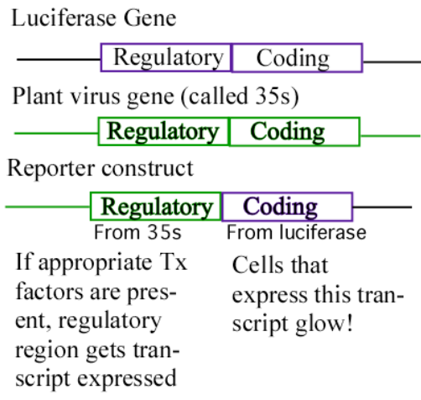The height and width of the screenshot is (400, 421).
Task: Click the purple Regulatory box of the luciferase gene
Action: tap(166, 58)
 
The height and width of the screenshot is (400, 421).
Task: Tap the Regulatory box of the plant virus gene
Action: tap(164, 132)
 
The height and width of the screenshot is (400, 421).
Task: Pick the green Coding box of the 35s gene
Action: tap(294, 132)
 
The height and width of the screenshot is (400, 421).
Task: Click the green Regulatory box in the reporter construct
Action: tap(156, 207)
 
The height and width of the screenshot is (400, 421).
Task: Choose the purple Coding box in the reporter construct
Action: tap(287, 207)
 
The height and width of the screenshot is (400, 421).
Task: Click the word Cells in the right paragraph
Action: tap(255, 266)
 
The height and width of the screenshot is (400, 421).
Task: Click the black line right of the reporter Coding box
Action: tap(382, 207)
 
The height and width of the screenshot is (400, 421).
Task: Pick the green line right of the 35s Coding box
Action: tap(389, 134)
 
